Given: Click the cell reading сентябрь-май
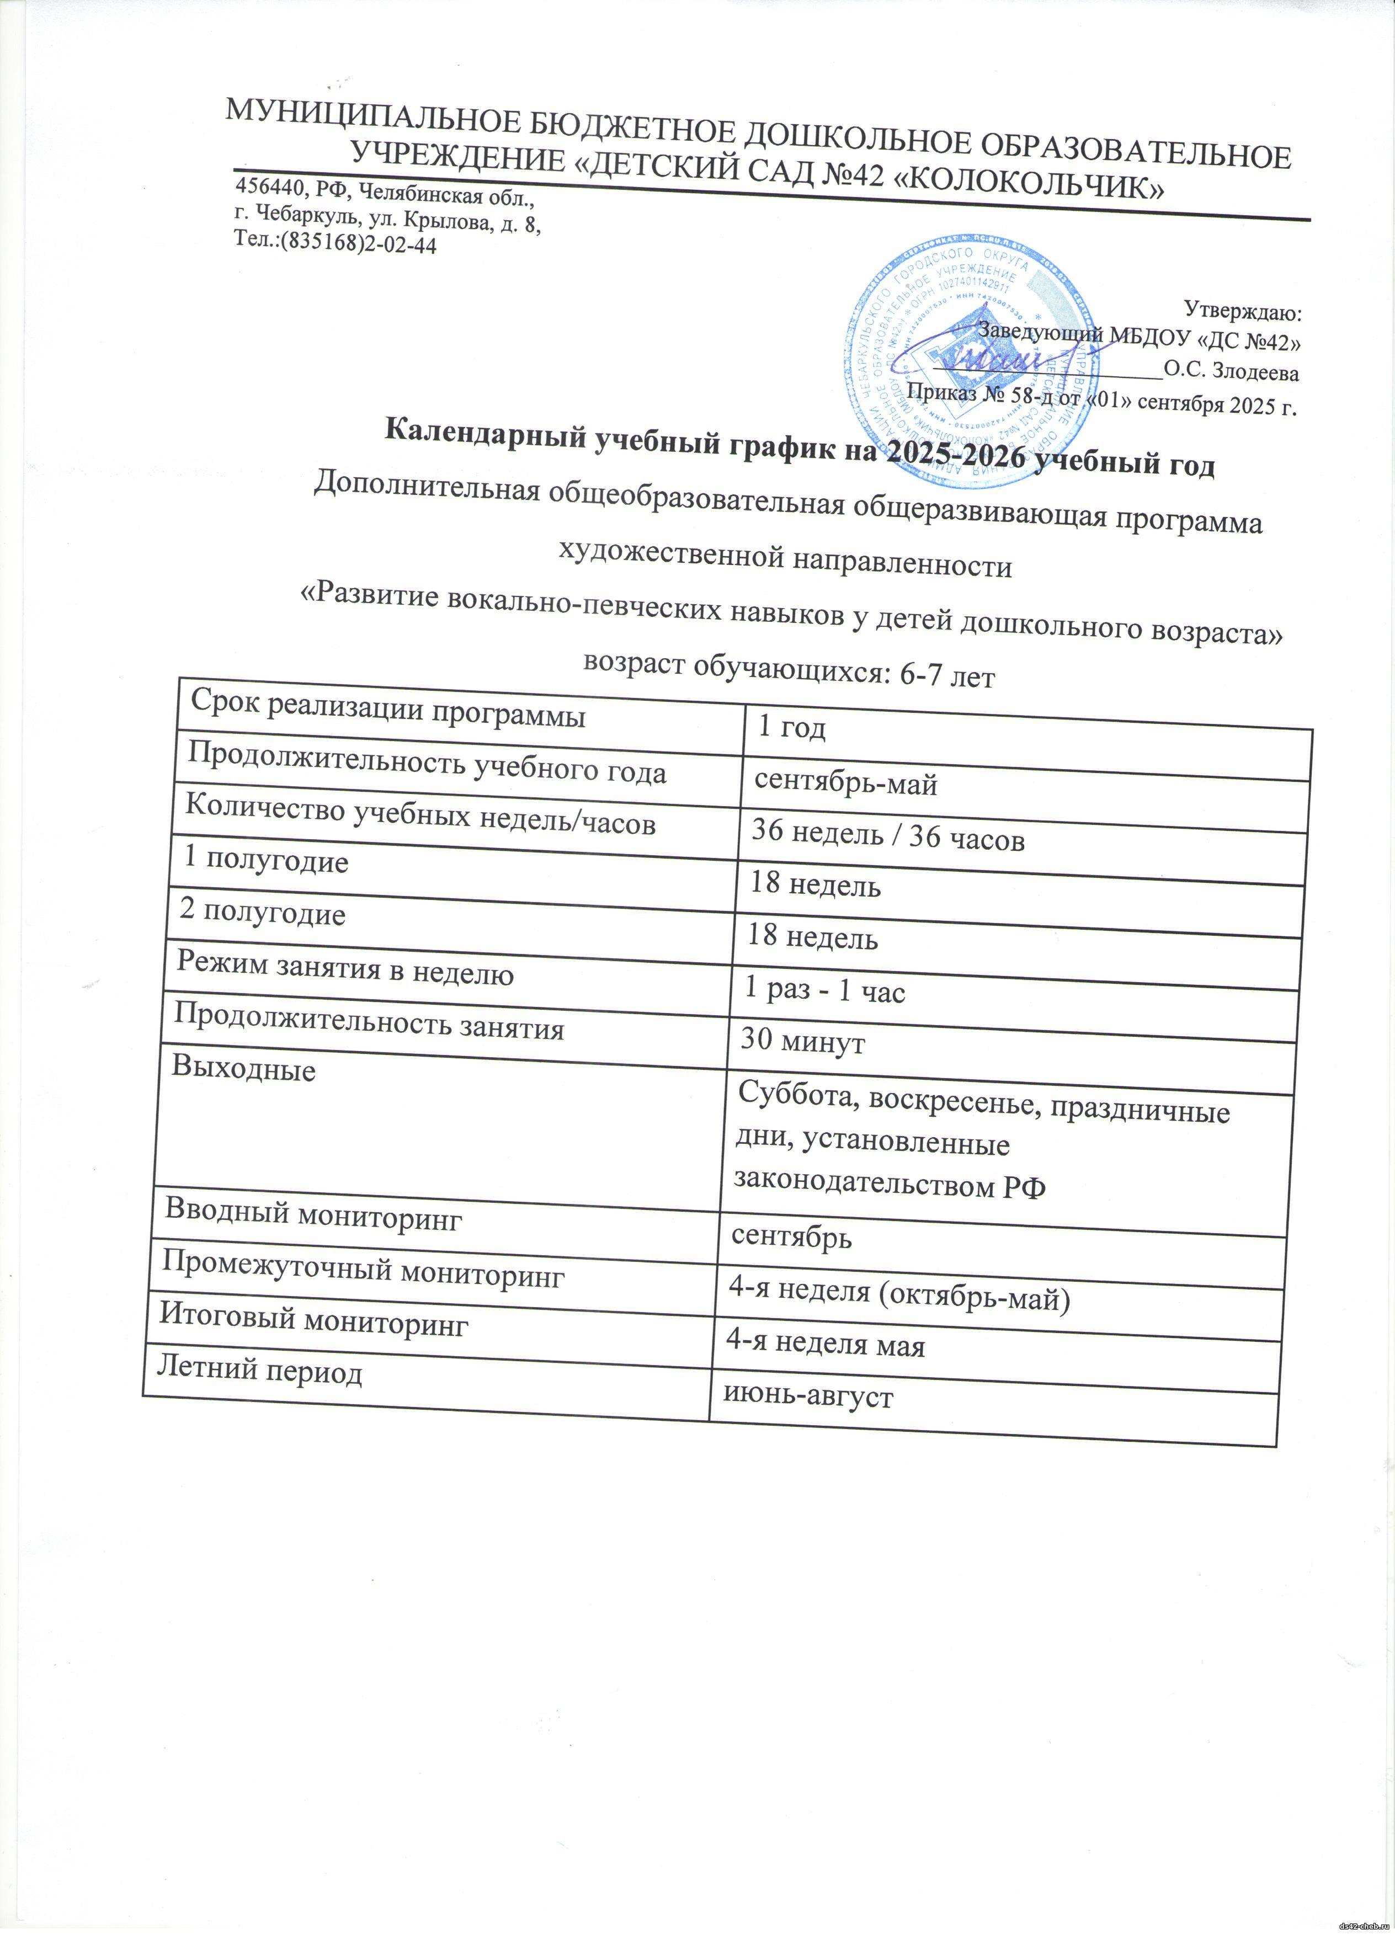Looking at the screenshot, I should (x=845, y=781).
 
